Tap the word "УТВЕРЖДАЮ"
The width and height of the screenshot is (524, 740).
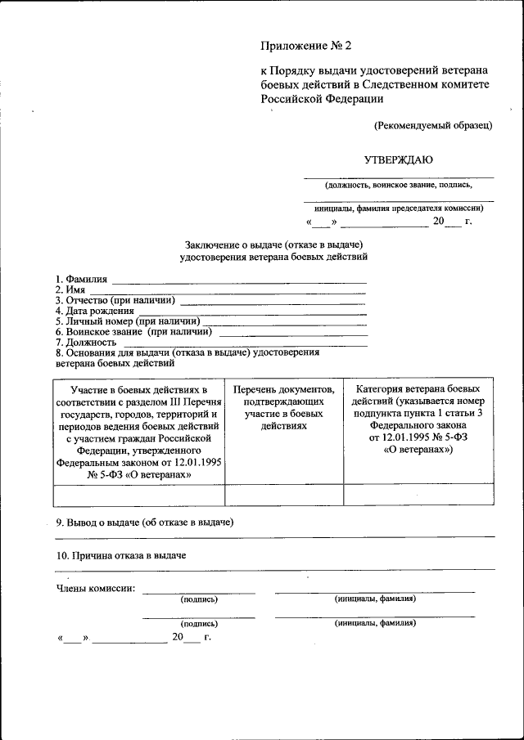click(399, 159)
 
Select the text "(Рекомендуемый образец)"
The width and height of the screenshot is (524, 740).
click(433, 125)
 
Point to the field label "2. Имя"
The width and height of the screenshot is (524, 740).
click(70, 290)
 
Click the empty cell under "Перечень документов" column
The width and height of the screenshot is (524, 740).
click(284, 495)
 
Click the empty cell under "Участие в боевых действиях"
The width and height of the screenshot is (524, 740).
click(138, 495)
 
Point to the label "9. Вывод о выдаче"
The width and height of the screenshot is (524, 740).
click(145, 522)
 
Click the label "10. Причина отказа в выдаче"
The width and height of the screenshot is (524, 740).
click(121, 556)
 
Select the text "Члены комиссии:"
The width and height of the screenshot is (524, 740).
click(96, 588)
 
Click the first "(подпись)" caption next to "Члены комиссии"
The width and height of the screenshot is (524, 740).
click(199, 599)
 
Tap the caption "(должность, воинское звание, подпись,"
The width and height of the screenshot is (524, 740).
click(398, 186)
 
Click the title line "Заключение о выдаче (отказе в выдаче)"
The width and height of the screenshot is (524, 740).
click(273, 244)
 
